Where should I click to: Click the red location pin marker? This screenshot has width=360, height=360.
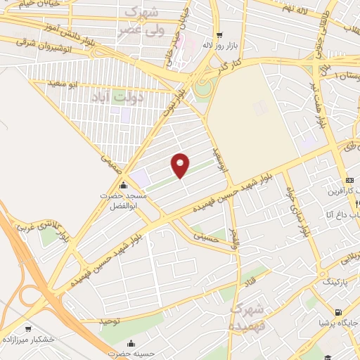coord(181,165)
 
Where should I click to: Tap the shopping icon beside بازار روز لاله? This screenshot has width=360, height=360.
coord(220,35)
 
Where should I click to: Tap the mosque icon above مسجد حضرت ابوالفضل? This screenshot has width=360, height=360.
coord(124,186)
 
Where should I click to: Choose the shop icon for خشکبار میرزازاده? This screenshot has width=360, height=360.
coord(28,328)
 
